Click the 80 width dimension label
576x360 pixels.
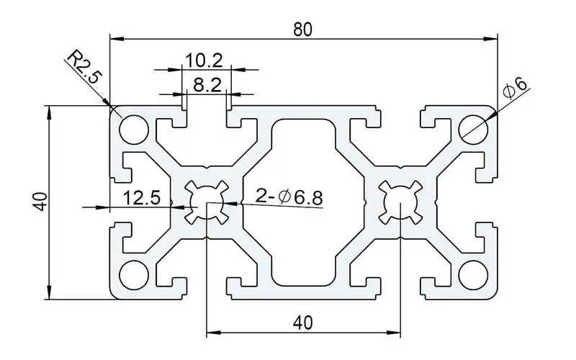point(303,29)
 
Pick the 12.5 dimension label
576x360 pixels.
point(141,197)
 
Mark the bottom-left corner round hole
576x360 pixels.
point(133,274)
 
